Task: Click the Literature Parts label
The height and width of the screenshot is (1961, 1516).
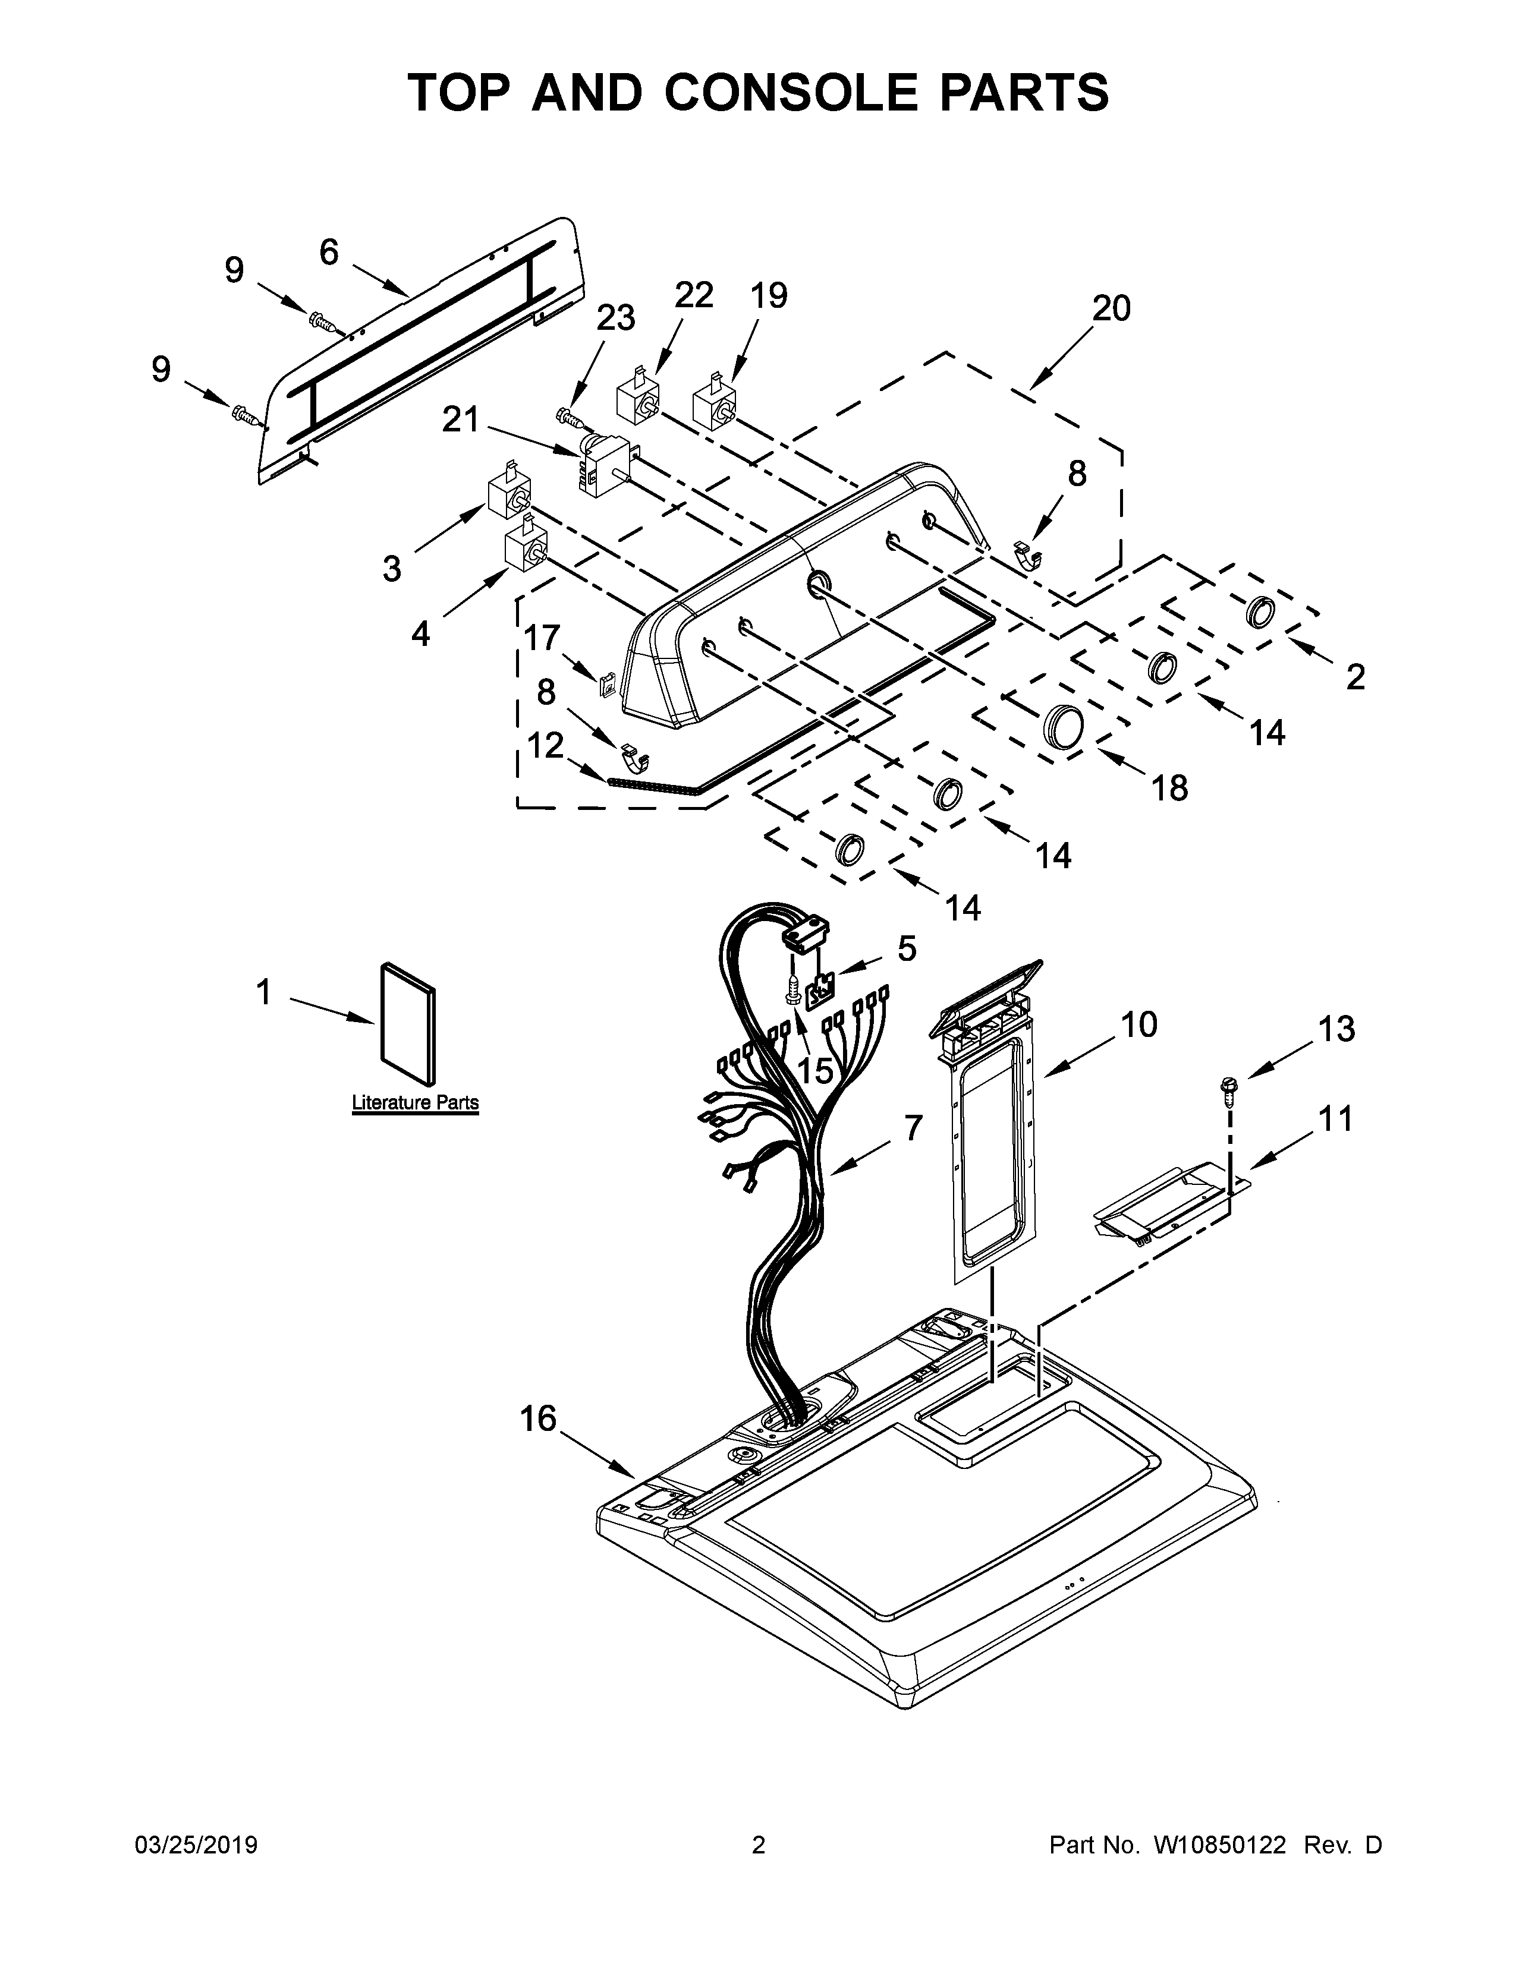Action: tap(415, 1102)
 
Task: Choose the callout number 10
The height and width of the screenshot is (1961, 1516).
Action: tap(1139, 1024)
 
